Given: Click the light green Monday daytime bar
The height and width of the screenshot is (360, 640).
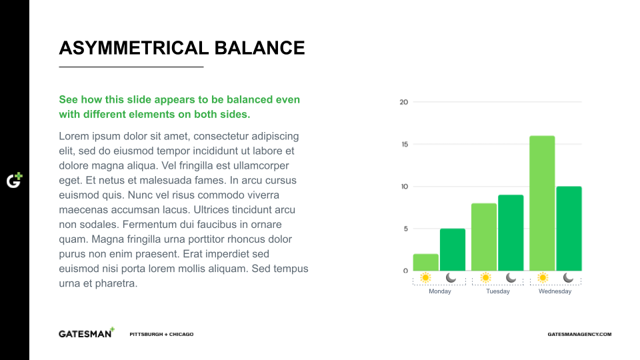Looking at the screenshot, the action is pyautogui.click(x=426, y=263).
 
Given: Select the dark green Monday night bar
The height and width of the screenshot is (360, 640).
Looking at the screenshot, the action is pyautogui.click(x=453, y=250).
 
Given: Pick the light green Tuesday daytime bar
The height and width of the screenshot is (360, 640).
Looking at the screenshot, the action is pyautogui.click(x=484, y=237).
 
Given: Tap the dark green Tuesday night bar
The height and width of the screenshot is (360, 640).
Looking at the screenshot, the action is pyautogui.click(x=511, y=233).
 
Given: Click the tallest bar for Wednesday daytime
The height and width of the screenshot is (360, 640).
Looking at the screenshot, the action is pyautogui.click(x=542, y=203).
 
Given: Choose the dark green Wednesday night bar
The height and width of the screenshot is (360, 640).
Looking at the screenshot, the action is pyautogui.click(x=569, y=229).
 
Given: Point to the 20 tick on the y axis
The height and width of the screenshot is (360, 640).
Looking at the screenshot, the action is pyautogui.click(x=404, y=102).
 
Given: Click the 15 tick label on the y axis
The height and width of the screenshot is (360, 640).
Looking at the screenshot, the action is pyautogui.click(x=405, y=144).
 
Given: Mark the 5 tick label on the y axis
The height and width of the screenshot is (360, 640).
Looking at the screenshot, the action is pyautogui.click(x=406, y=229).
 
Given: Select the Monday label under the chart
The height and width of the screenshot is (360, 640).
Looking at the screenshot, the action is pyautogui.click(x=439, y=291).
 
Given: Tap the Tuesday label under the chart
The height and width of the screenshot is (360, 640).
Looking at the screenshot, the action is pyautogui.click(x=498, y=291).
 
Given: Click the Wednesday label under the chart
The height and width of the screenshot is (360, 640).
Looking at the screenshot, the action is pyautogui.click(x=555, y=291).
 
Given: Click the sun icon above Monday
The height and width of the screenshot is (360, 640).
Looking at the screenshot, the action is pyautogui.click(x=425, y=277).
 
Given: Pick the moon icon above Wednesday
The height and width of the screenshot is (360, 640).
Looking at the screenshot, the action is pyautogui.click(x=568, y=277).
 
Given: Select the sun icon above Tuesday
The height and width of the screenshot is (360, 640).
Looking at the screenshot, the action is pyautogui.click(x=485, y=277).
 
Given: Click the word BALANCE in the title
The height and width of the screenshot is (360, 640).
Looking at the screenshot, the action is pyautogui.click(x=259, y=48).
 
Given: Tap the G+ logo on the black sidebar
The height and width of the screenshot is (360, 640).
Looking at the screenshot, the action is pyautogui.click(x=14, y=180).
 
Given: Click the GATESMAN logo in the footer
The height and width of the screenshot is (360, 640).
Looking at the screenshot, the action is pyautogui.click(x=87, y=333).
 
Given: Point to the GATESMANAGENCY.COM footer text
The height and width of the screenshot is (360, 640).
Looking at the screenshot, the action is pyautogui.click(x=579, y=334).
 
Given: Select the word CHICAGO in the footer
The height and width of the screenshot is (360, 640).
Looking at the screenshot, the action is pyautogui.click(x=181, y=334).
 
